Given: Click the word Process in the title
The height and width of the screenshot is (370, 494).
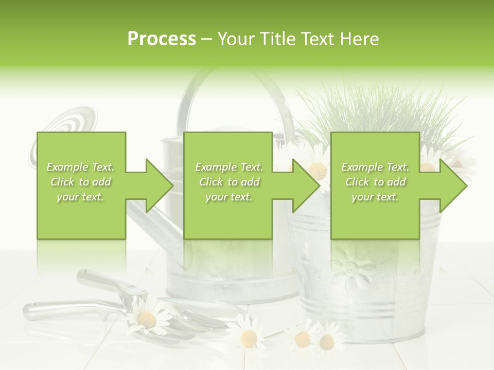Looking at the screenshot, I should pyautogui.click(x=162, y=39).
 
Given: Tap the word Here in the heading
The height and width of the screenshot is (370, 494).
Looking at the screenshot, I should pyautogui.click(x=360, y=39).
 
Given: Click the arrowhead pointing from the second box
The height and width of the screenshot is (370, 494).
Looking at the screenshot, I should pyautogui.click(x=305, y=186).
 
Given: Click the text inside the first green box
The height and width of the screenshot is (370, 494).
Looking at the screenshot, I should pyautogui.click(x=81, y=182).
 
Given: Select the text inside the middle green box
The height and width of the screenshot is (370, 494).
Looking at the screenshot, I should pyautogui.click(x=228, y=182).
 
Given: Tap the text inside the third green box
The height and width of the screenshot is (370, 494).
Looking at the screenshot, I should pyautogui.click(x=375, y=182).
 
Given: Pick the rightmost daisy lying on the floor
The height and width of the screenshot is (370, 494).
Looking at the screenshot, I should pyautogui.click(x=327, y=342).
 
